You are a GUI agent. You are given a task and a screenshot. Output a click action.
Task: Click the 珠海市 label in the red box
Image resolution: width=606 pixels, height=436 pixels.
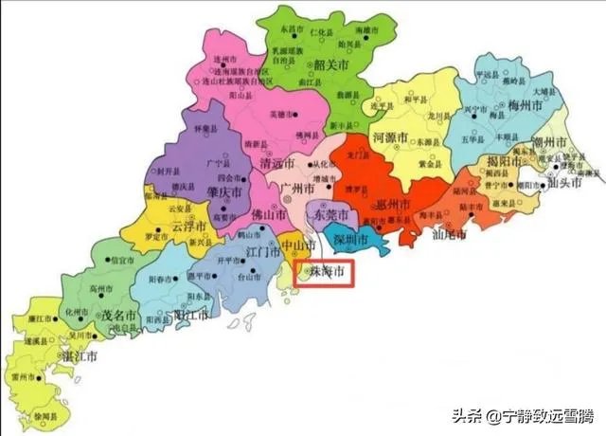(x=324, y=272)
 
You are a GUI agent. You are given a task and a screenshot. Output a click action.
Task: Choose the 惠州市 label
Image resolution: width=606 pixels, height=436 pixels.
(x=392, y=205)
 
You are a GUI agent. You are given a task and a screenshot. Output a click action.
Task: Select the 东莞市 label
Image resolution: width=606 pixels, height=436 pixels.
(x=331, y=216)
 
